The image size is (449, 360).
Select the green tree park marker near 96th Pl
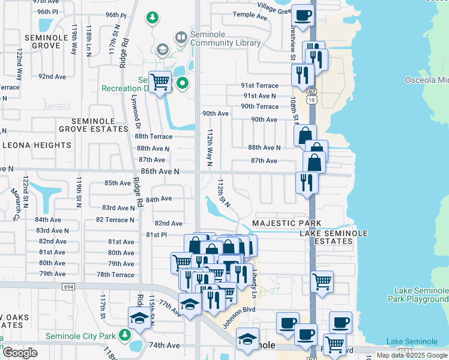coord(152,17)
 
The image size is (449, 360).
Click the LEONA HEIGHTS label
coord(37,145)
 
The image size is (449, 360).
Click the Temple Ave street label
coord(250,16)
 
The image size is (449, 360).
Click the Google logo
coord(20,353)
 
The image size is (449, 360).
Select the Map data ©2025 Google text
coord(411,355)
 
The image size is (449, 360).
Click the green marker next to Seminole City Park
coord(125,334)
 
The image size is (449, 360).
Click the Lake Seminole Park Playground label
coord(418,294)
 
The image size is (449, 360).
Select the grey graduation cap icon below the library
coord(161,49)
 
